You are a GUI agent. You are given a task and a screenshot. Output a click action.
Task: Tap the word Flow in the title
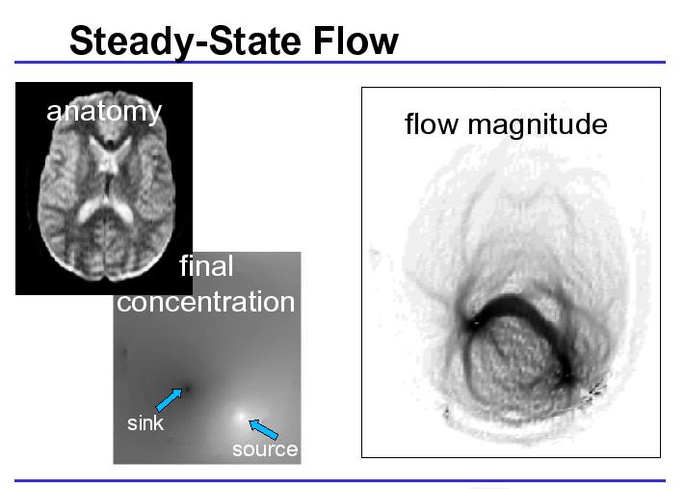[356, 41]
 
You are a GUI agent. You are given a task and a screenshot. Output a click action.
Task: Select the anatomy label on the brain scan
[104, 112]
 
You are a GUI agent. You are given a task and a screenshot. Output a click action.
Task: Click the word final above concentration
[206, 265]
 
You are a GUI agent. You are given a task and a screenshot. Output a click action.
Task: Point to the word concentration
[206, 302]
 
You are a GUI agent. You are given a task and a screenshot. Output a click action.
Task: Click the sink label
[145, 423]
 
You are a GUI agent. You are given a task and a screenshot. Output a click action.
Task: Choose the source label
[265, 449]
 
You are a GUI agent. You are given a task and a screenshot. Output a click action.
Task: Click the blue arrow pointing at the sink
[169, 399]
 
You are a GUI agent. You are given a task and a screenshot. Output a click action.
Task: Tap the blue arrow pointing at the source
[263, 429]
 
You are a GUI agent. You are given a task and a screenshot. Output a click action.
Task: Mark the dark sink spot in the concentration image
[187, 388]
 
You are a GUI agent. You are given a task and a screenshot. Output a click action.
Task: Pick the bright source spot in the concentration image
[240, 417]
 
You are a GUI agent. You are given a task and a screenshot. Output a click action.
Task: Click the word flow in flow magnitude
[432, 123]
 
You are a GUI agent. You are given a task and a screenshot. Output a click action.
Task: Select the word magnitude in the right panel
[538, 124]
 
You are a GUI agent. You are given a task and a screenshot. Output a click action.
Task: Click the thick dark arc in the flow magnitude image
[520, 304]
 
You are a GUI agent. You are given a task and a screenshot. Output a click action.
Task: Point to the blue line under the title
[340, 62]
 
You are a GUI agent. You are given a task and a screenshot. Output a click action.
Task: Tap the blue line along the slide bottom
[340, 480]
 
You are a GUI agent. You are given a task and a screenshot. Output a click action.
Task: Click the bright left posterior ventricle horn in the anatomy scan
[89, 209]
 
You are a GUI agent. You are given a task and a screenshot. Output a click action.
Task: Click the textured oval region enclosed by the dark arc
[515, 359]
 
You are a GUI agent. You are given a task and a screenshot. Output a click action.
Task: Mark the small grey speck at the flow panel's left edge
[375, 258]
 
